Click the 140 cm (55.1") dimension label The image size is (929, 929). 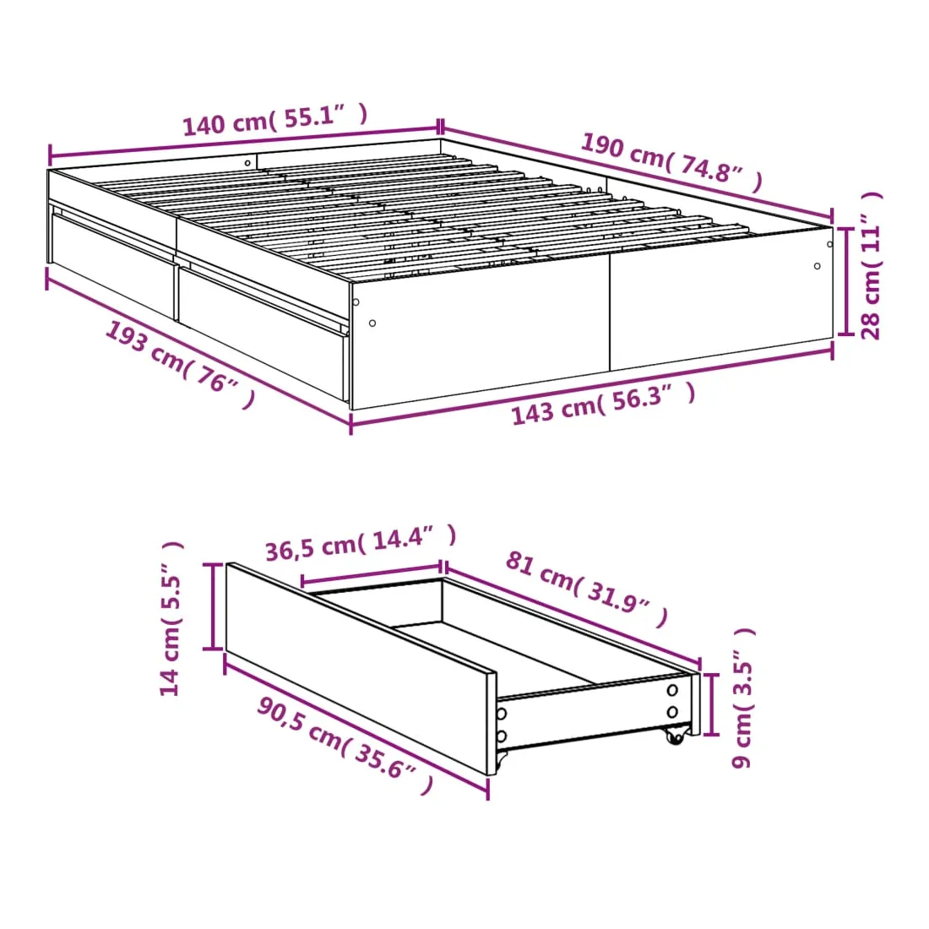(x=275, y=120)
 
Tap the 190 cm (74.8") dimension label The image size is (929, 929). (x=671, y=162)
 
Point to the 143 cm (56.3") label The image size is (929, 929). (x=603, y=404)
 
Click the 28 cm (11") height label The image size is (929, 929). (x=871, y=265)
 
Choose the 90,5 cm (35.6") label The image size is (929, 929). (x=345, y=746)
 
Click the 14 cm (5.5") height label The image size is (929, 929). (x=171, y=618)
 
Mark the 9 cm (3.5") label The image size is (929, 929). (x=743, y=698)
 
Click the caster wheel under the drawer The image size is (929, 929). (x=674, y=736)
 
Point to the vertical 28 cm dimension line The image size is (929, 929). (x=846, y=281)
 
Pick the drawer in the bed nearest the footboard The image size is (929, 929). (x=263, y=333)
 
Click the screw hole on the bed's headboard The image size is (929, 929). (x=247, y=163)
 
